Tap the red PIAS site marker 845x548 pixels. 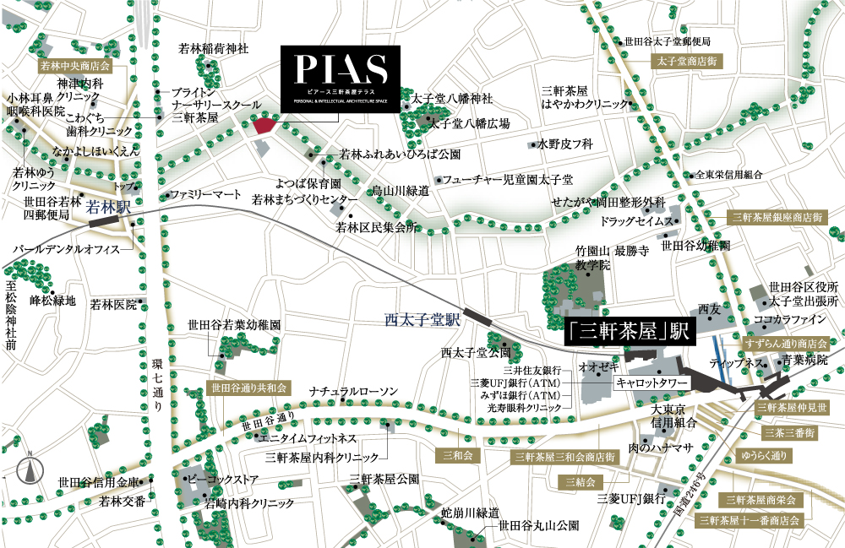[263, 125]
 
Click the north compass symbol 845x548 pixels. [30, 469]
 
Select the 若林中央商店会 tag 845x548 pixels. [76, 65]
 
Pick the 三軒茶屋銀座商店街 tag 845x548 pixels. [777, 217]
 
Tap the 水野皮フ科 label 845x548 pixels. [566, 144]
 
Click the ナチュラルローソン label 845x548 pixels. [353, 392]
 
